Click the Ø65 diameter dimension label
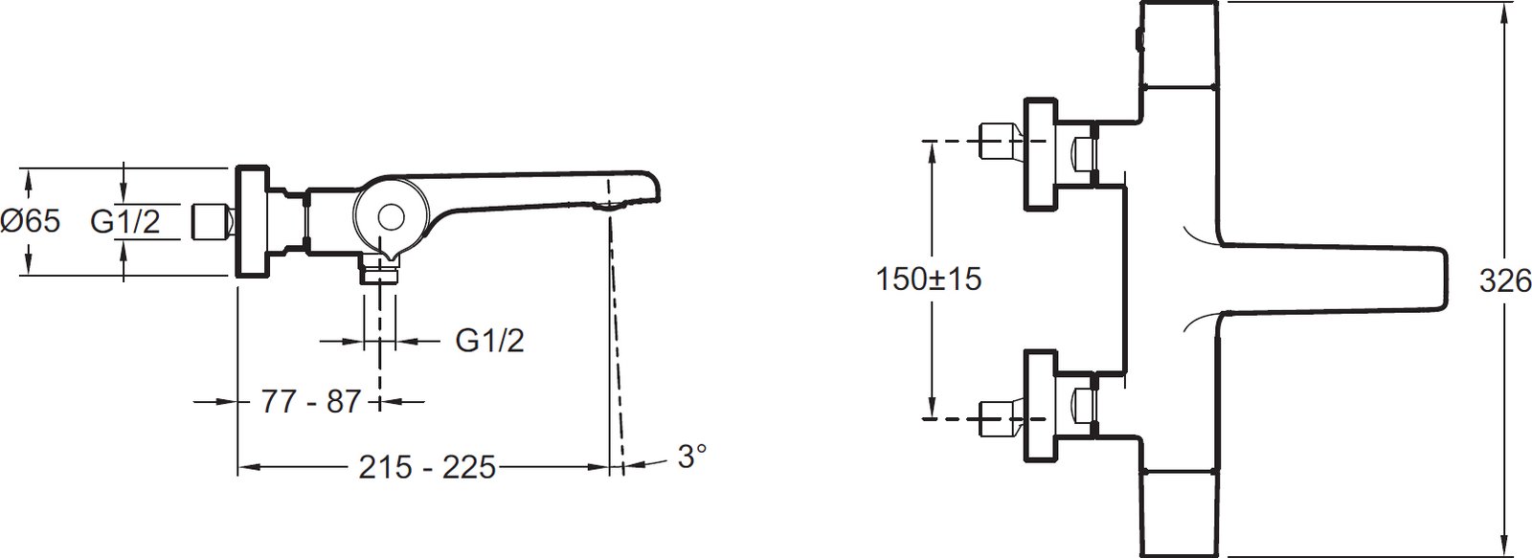pos(31,221)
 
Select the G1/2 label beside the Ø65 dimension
pos(125,221)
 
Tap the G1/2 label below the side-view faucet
pos(489,340)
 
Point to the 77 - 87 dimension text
pos(310,402)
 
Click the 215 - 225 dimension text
pos(427,467)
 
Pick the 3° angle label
pos(692,457)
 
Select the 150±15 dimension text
pos(929,279)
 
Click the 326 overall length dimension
pos(1504,281)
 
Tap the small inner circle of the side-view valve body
pos(391,218)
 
